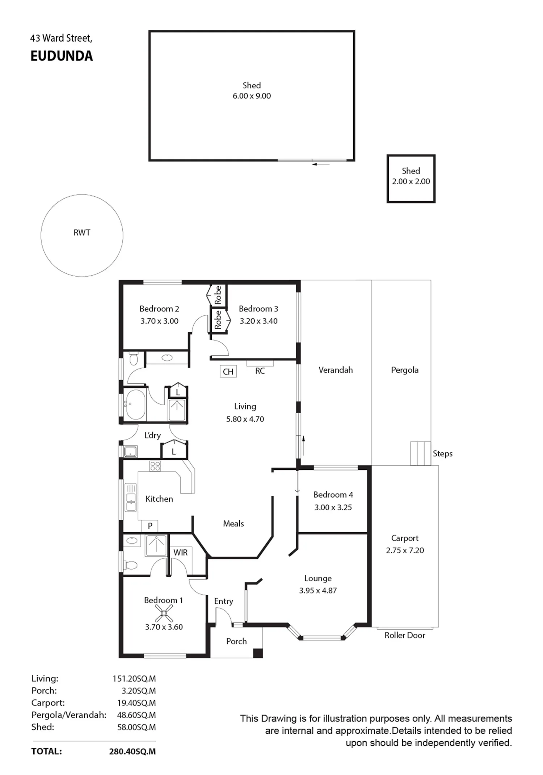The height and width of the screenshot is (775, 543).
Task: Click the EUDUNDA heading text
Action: tap(62, 56)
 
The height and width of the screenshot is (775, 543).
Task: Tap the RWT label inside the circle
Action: tap(82, 232)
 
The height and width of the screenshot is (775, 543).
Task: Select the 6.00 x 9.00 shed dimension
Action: tap(252, 96)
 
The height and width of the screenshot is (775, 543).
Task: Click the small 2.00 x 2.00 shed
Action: tap(411, 179)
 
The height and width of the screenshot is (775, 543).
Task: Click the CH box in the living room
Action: tap(228, 372)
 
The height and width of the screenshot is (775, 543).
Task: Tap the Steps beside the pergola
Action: tap(420, 453)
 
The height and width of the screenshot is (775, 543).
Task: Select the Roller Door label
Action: tap(405, 635)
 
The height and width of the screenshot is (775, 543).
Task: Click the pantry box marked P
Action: tap(150, 526)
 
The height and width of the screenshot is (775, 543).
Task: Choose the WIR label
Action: tap(180, 553)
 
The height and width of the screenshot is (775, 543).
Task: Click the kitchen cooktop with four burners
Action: tap(155, 466)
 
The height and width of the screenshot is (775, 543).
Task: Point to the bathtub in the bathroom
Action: tap(135, 404)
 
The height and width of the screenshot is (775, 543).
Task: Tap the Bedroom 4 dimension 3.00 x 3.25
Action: tap(333, 507)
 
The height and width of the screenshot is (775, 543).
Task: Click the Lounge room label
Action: tap(318, 578)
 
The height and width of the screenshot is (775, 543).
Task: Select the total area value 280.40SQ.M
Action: tap(132, 751)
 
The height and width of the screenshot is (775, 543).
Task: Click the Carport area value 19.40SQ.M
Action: tap(136, 703)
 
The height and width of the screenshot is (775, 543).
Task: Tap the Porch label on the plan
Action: tap(236, 641)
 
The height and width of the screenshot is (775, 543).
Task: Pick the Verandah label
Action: tap(336, 370)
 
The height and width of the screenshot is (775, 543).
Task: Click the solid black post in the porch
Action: tap(258, 653)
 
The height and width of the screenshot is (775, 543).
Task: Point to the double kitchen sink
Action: tap(131, 498)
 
